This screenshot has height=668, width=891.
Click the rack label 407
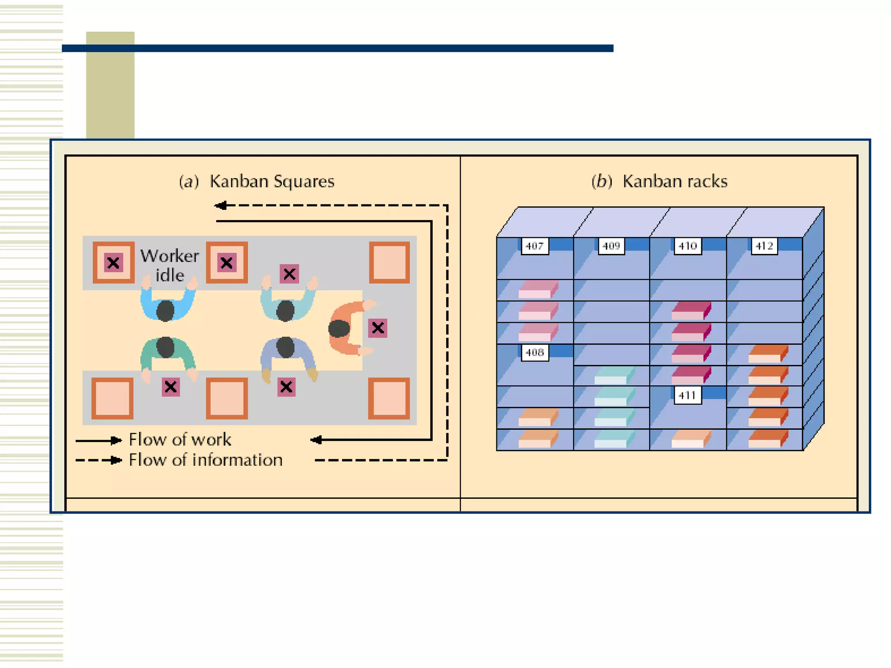[534, 246]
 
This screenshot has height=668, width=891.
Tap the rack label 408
[534, 352]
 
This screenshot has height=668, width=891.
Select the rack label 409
[611, 246]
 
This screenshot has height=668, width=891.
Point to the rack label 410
[687, 246]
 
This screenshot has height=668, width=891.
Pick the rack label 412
[764, 246]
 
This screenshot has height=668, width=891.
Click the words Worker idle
[170, 265]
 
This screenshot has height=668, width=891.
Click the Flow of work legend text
[180, 440]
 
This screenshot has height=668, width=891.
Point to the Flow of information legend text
[205, 460]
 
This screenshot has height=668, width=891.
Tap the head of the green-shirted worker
[165, 347]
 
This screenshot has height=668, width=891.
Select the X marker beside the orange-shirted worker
[378, 328]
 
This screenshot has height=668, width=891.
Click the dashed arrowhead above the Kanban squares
[221, 205]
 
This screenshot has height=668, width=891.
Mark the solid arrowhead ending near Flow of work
[317, 440]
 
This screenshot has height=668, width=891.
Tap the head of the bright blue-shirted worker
[165, 310]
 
